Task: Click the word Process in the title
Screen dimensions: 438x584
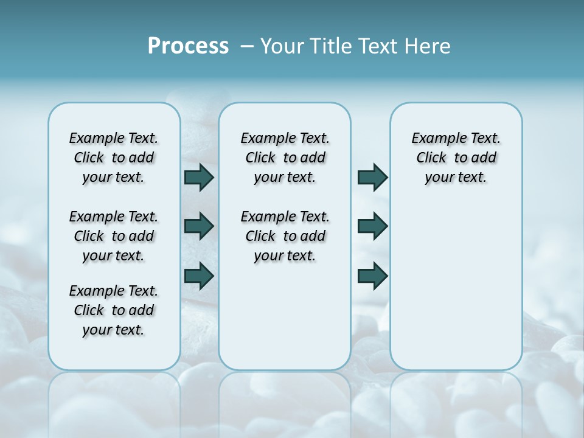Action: (x=188, y=46)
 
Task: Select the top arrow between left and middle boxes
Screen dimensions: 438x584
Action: (x=198, y=177)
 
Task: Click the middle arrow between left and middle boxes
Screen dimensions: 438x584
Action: (x=198, y=226)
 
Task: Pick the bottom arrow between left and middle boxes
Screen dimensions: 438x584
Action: (x=198, y=276)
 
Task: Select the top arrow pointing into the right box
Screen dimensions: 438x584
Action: (x=372, y=177)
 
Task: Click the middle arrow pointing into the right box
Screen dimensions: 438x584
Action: (x=372, y=226)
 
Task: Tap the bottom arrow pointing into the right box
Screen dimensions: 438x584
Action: (x=372, y=276)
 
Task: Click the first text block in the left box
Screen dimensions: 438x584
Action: (x=114, y=158)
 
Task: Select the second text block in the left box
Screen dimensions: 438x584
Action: (x=114, y=236)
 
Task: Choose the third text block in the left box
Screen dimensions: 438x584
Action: (x=114, y=310)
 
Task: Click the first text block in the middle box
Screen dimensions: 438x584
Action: (x=285, y=158)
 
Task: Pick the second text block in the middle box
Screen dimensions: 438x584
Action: (x=285, y=236)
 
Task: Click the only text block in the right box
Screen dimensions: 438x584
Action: (x=456, y=158)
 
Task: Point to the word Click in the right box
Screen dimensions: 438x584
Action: (x=431, y=158)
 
